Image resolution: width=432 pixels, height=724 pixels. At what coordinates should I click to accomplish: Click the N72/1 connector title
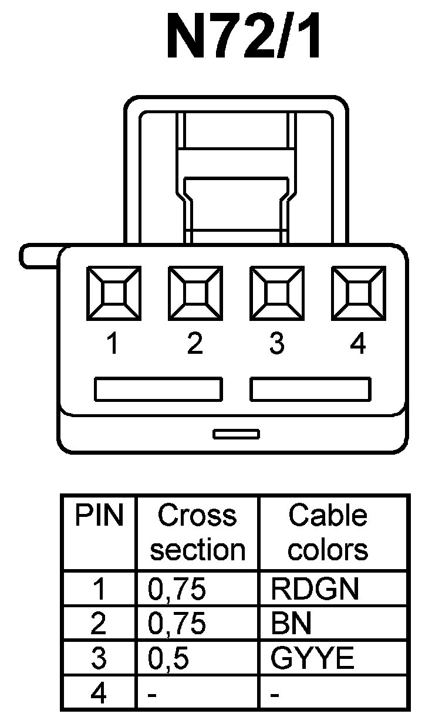point(244,37)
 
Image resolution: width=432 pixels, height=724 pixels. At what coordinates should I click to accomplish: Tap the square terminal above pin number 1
point(113,293)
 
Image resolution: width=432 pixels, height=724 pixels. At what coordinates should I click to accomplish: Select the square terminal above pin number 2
point(195,293)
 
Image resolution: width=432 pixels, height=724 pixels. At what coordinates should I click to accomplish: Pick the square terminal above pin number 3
point(276,293)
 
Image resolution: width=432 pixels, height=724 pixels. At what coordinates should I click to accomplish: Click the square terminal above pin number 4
point(357,293)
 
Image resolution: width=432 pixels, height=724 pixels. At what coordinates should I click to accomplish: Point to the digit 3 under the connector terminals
point(276,344)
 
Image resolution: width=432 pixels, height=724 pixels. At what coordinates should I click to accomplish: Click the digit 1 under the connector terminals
point(113,344)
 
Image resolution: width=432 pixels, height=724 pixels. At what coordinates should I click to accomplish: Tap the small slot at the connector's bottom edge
point(236,434)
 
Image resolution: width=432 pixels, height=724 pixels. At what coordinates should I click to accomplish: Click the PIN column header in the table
point(99,516)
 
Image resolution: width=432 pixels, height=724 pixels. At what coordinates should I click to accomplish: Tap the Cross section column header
point(197,533)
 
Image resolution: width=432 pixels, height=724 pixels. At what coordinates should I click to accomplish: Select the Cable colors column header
point(328,533)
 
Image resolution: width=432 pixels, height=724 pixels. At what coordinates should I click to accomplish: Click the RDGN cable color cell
point(314,589)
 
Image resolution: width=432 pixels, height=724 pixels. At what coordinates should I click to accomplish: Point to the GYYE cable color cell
point(312,659)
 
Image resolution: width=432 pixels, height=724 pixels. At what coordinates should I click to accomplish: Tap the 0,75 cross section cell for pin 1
point(177,589)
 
